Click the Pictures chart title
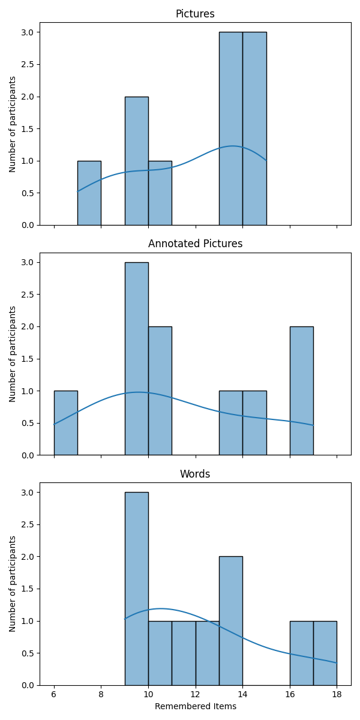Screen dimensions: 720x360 (195, 14)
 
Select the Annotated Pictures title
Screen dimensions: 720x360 (195, 244)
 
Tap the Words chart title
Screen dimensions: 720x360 (195, 474)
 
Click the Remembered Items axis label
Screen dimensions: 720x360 (195, 706)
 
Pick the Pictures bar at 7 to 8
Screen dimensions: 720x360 (89, 193)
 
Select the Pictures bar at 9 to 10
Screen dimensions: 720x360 (136, 161)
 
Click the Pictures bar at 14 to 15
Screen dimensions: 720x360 (254, 128)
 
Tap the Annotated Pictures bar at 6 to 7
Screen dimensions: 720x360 (65, 423)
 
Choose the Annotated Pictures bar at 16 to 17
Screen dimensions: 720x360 (301, 391)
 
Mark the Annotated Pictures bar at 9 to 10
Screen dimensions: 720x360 (136, 359)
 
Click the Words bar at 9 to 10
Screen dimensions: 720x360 (136, 589)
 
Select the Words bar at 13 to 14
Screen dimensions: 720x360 (230, 621)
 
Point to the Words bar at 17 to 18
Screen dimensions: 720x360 (325, 653)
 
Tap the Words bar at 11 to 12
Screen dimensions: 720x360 (184, 653)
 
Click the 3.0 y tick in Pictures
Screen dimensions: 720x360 (28, 32)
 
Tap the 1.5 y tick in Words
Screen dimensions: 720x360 (28, 589)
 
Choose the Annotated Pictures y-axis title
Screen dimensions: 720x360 (13, 354)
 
